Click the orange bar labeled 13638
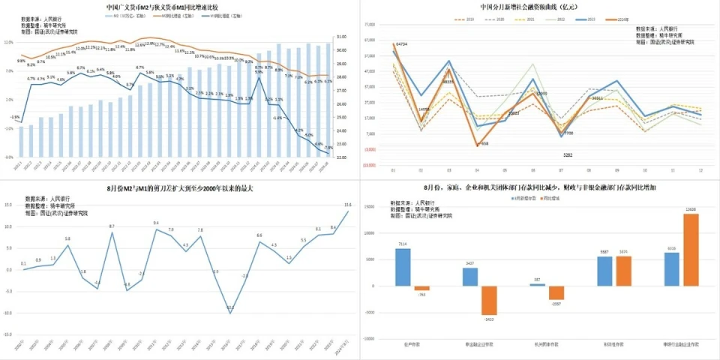coord(691,250)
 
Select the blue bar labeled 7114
coord(403,268)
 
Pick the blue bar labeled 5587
coord(604,271)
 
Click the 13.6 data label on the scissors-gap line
coord(347,205)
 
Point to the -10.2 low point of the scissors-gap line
coord(230,308)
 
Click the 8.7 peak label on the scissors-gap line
coord(112,226)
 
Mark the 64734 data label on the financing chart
coord(401,44)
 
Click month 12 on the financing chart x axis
coord(700,170)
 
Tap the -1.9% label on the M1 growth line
coord(15,117)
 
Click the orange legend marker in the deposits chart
coord(535,198)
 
